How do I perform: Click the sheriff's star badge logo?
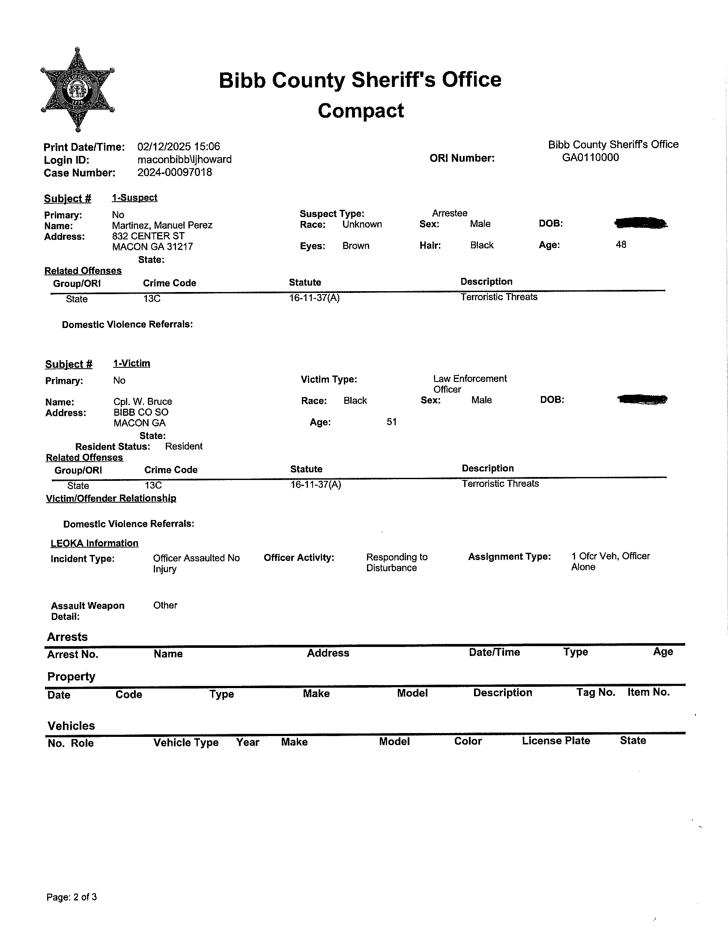pyautogui.click(x=78, y=89)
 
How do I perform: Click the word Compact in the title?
pyautogui.click(x=361, y=111)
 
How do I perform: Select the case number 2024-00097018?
pyautogui.click(x=175, y=173)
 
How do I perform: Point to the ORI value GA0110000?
pyautogui.click(x=591, y=158)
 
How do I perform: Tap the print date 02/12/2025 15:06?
pyautogui.click(x=179, y=146)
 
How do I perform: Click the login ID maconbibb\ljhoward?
pyautogui.click(x=184, y=160)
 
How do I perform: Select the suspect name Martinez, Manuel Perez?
pyautogui.click(x=162, y=225)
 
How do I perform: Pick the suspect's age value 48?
pyautogui.click(x=621, y=244)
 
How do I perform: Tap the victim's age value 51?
pyautogui.click(x=391, y=422)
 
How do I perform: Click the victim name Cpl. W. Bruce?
pyautogui.click(x=143, y=402)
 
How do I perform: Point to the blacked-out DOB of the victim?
pyautogui.click(x=642, y=399)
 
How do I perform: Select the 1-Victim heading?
pyautogui.click(x=131, y=364)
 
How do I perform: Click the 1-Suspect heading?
pyautogui.click(x=134, y=197)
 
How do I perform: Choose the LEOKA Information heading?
pyautogui.click(x=95, y=543)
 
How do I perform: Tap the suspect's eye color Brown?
pyautogui.click(x=356, y=246)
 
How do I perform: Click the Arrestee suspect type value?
pyautogui.click(x=449, y=213)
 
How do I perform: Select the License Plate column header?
pyautogui.click(x=555, y=741)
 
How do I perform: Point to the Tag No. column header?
pyautogui.click(x=596, y=692)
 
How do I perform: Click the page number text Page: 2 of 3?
pyautogui.click(x=72, y=897)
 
